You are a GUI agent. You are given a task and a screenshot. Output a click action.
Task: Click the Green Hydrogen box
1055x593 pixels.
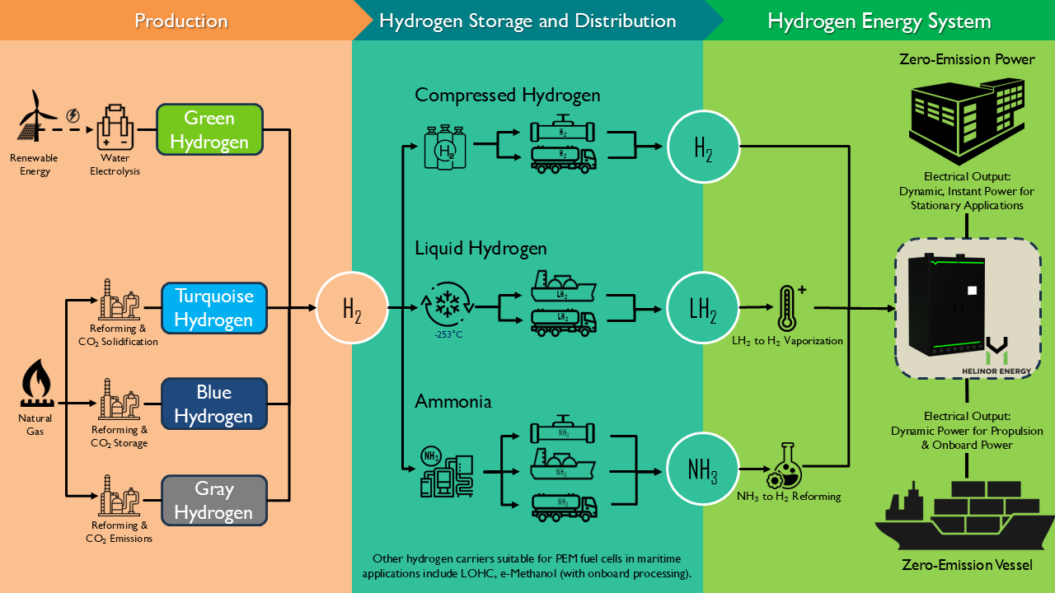coord(209,130)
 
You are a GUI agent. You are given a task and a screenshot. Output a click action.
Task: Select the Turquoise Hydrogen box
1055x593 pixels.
coord(213,308)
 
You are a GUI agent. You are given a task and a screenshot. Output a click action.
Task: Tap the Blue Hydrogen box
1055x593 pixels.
coord(213,404)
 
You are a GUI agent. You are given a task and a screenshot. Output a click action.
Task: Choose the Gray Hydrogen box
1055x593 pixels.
coord(213,501)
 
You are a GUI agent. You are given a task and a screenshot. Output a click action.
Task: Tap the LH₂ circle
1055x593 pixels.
coord(702,309)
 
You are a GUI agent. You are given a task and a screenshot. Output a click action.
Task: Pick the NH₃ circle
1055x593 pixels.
coord(702,470)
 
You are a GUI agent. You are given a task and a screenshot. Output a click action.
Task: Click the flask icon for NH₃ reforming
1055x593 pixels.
coord(785,466)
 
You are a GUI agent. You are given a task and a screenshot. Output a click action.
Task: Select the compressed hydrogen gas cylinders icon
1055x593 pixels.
coord(446,147)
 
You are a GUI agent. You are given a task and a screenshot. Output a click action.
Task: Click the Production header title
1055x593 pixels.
coord(181,21)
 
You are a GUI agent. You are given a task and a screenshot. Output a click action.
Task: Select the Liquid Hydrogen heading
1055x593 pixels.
coord(481,247)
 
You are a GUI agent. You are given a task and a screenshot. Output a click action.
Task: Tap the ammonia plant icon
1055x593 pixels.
coord(445,472)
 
